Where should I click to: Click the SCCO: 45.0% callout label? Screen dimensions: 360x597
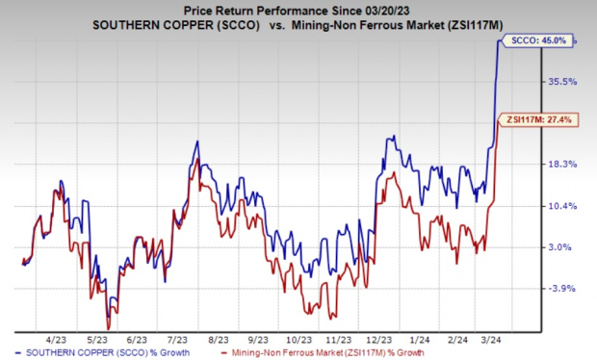(x=532, y=39)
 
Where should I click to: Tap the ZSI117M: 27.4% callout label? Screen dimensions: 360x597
(x=532, y=120)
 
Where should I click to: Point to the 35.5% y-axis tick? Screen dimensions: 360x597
(x=561, y=83)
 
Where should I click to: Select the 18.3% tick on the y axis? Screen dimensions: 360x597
(x=561, y=164)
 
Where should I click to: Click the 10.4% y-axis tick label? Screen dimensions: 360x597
(x=561, y=206)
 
